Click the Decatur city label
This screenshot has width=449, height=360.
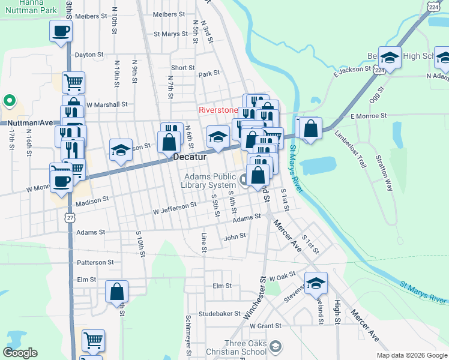tap(190, 157)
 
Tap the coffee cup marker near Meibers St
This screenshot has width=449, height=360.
tap(61, 31)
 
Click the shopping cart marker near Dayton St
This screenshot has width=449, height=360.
tap(73, 82)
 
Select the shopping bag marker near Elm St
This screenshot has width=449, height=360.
tap(117, 292)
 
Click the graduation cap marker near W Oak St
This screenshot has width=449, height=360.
tap(316, 283)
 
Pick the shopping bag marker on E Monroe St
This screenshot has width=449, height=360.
tap(310, 128)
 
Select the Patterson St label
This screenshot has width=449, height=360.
tap(95, 263)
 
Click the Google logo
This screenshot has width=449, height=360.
tap(20, 353)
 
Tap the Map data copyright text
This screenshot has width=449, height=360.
tap(412, 355)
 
